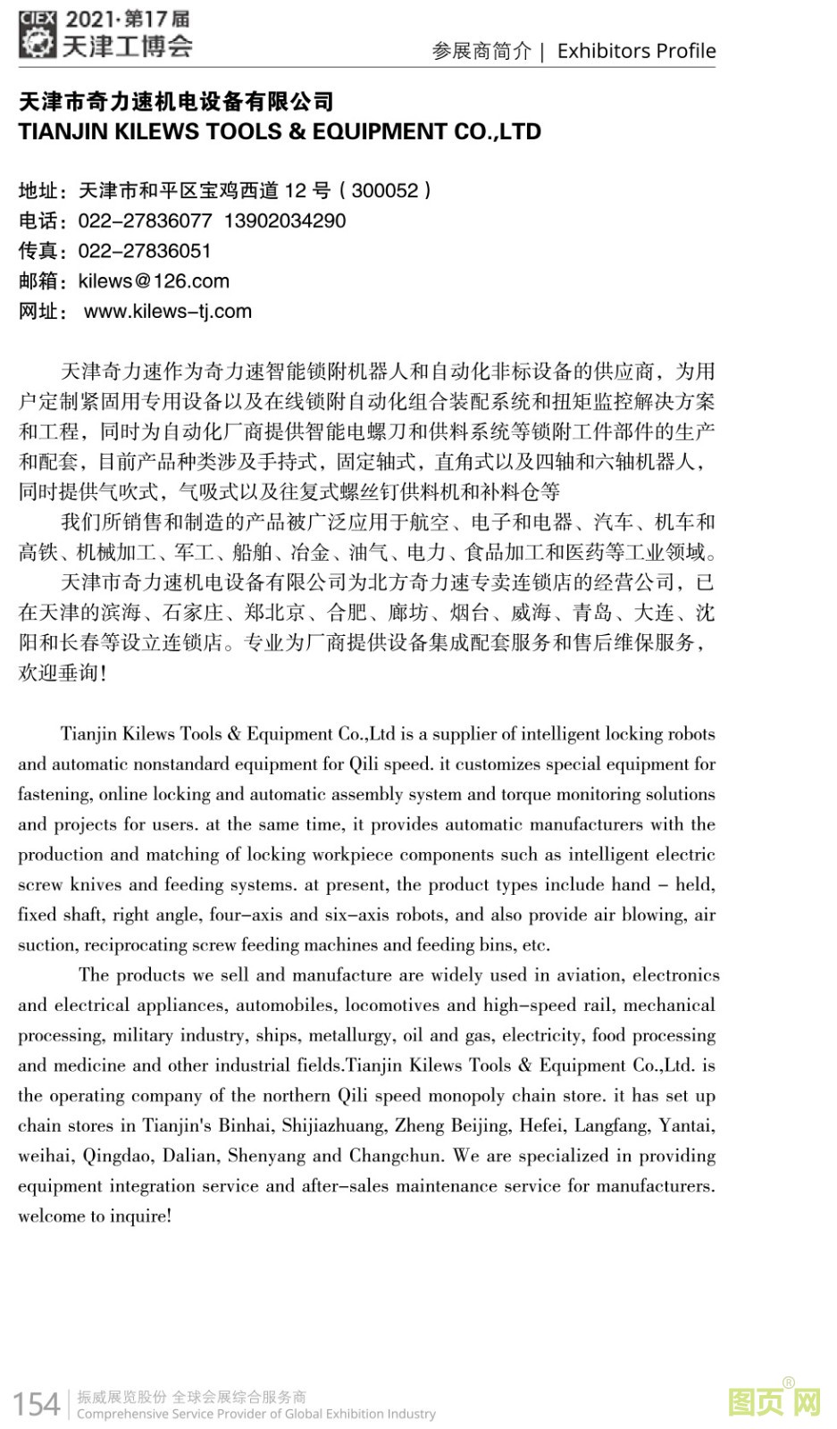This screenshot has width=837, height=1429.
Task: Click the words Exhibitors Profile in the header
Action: tap(636, 51)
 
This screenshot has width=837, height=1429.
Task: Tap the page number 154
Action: tap(37, 1403)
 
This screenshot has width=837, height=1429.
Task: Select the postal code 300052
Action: tap(385, 190)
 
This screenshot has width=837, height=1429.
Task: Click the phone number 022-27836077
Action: tap(145, 221)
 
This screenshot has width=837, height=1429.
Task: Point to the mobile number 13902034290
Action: tap(285, 221)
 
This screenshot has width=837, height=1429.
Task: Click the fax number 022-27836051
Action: tap(145, 251)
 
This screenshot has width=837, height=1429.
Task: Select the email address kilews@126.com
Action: tap(154, 281)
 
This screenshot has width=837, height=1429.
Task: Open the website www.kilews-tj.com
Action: tap(168, 312)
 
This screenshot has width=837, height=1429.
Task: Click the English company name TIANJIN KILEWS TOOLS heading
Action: tap(280, 132)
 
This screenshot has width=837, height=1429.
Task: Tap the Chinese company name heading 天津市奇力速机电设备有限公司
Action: tap(176, 103)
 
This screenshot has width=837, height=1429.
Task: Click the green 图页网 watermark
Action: tap(774, 1400)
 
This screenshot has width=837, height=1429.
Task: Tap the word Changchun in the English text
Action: tap(396, 1156)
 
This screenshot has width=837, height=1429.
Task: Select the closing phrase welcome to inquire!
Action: tap(95, 1216)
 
